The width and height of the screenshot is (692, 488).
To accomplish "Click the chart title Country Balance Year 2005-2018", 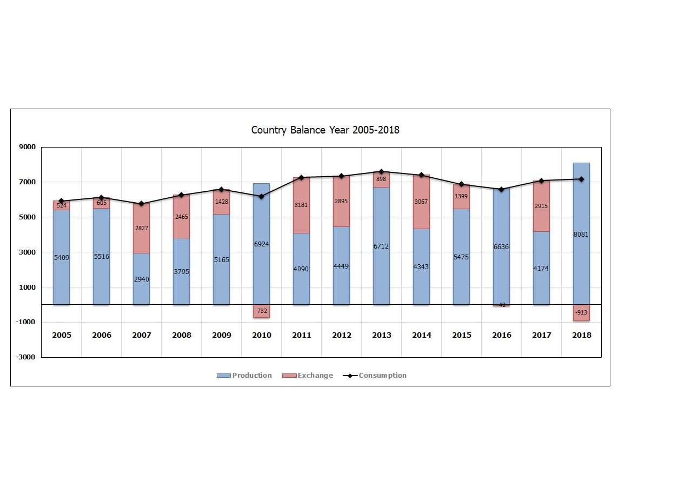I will coord(325,130).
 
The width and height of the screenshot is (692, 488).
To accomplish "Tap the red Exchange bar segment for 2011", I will coord(301,205).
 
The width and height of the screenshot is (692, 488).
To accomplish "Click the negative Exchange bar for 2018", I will coord(581,313).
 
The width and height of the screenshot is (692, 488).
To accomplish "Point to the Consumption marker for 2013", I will coord(381,172).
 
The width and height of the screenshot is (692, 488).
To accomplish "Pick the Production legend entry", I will coord(244,376).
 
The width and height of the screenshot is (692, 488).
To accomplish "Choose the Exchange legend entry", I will coord(308,376).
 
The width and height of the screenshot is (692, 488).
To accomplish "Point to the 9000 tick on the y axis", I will coord(28,147).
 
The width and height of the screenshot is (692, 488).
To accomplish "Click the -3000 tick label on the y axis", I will coord(26,357).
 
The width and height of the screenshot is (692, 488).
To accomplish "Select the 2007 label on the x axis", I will coord(142,335).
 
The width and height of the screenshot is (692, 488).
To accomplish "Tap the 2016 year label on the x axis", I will coord(502,335).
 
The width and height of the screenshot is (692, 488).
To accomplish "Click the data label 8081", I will coord(581,235).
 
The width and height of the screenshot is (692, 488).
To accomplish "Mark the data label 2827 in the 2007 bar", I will coord(141,229).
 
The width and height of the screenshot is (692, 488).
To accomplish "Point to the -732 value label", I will coord(261,311).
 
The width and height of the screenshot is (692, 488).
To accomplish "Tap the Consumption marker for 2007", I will coord(142,204).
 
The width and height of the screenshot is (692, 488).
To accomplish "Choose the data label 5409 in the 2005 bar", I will coord(62,258).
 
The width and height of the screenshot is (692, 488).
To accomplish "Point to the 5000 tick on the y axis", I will coord(28,217).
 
